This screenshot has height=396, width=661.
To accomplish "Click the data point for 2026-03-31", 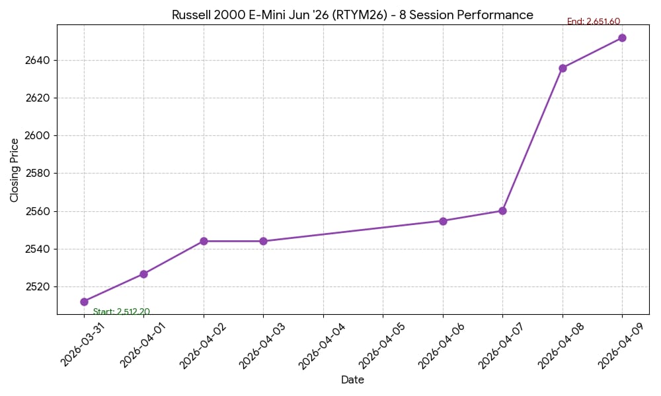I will click(84, 302).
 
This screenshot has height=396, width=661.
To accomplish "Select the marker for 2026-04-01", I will click(143, 274).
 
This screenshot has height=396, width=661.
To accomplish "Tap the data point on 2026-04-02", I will click(204, 241).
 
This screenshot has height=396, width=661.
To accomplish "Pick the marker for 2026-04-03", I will click(263, 241).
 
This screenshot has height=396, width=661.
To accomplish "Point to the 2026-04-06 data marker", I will click(443, 221).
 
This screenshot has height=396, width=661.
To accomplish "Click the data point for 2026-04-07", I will click(502, 211).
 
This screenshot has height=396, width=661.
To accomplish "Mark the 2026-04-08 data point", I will click(563, 68).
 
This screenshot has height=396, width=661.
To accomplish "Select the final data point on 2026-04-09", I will click(622, 38).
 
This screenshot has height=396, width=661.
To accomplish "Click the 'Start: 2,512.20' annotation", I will click(121, 312).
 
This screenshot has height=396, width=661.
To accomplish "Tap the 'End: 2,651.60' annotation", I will click(594, 22).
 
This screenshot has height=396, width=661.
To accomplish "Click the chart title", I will click(352, 15).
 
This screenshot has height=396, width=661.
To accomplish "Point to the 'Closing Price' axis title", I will click(15, 170).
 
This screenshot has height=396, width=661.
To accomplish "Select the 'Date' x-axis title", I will click(352, 380).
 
